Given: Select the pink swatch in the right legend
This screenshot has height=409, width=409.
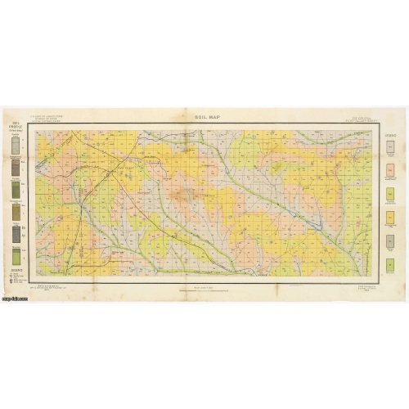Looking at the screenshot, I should [x=390, y=171].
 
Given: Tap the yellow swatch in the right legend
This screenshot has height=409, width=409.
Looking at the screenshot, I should [x=390, y=217].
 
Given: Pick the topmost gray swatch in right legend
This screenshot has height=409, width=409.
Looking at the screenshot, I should [x=390, y=147].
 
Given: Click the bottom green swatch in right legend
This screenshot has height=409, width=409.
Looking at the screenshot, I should [x=390, y=264].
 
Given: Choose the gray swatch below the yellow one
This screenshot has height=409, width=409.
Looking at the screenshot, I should [x=390, y=240].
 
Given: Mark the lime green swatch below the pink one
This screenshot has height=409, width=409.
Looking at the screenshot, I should [x=390, y=194].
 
